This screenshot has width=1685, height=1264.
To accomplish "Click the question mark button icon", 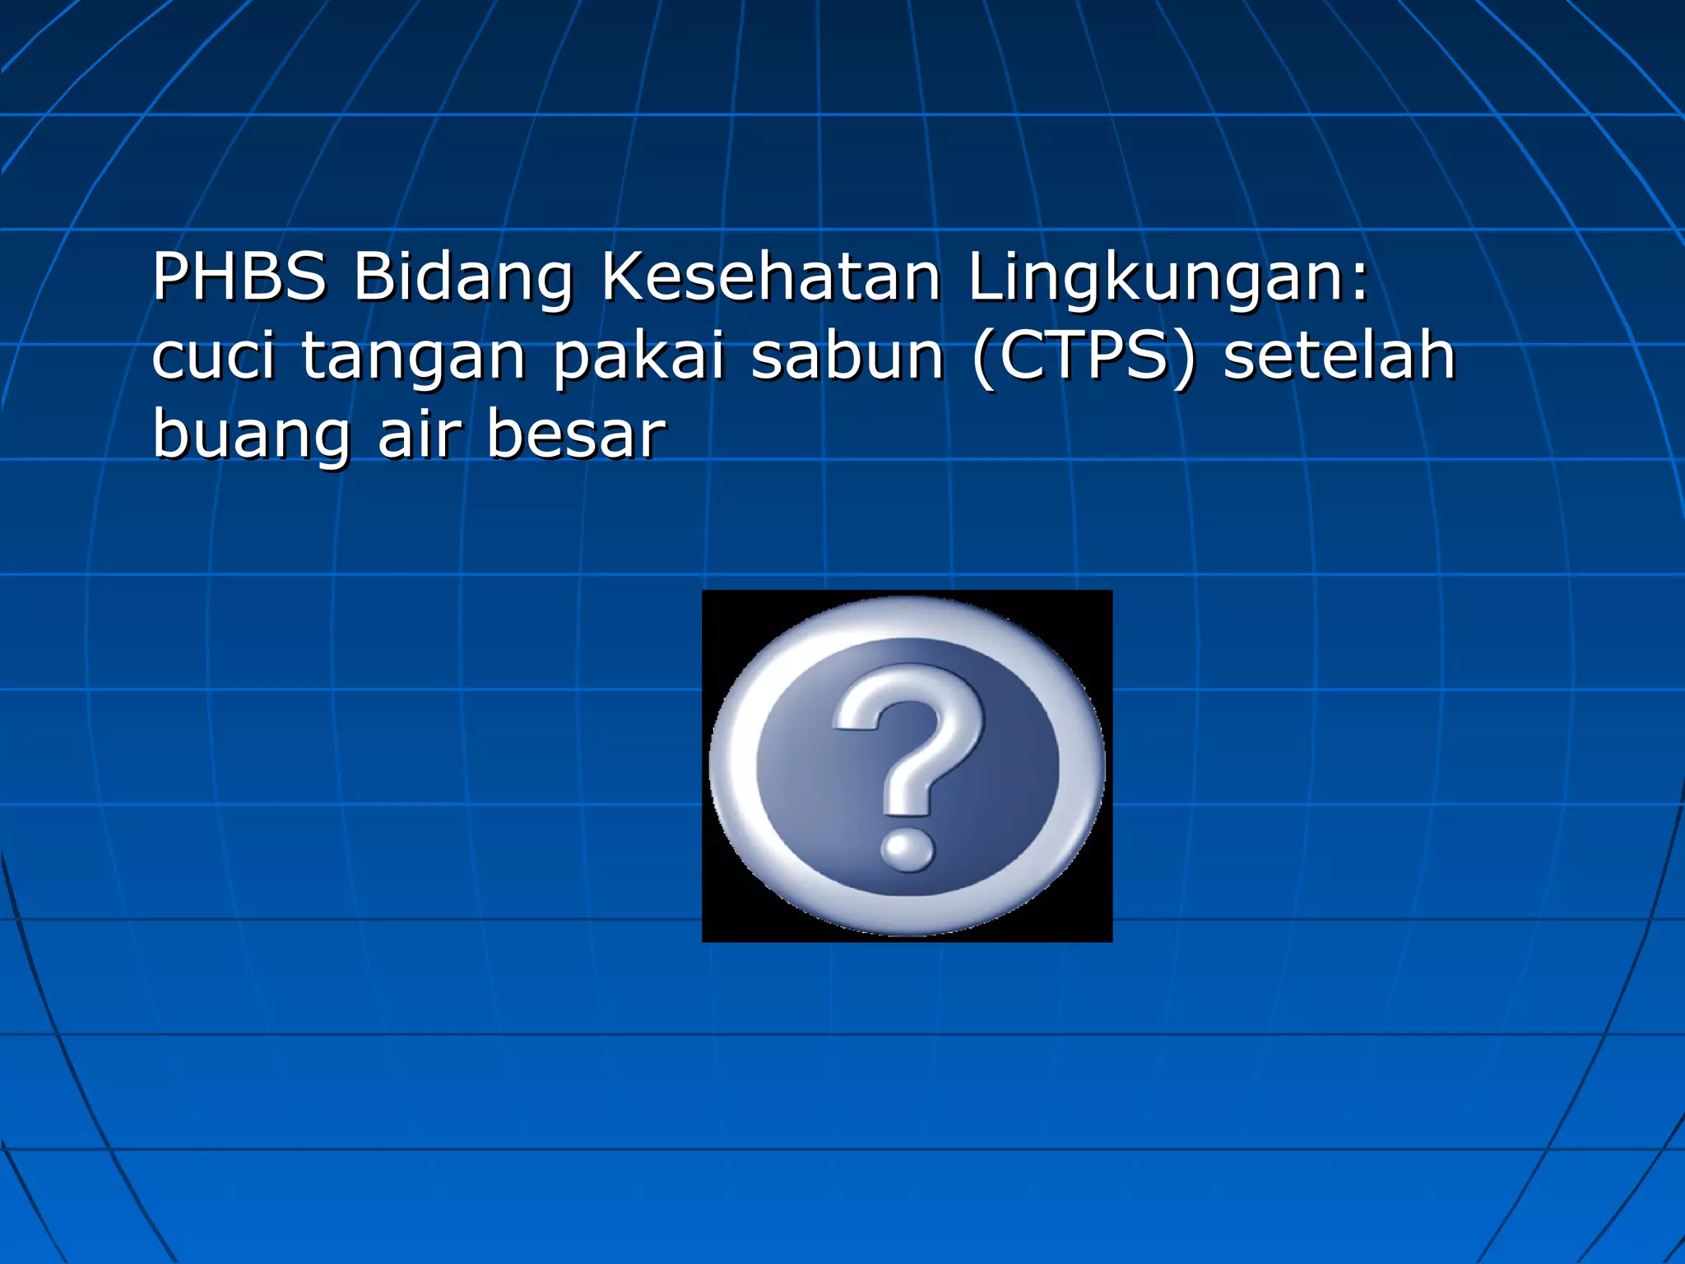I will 907,766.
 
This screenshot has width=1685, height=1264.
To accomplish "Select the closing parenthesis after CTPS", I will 1184,358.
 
